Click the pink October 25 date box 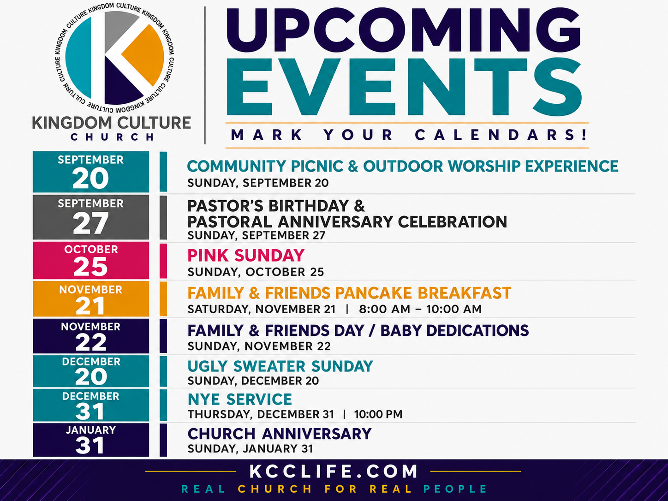91,260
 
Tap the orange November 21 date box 91,299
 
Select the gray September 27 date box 91,217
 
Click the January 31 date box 91,440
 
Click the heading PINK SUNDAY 246,256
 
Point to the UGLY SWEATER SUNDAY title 280,366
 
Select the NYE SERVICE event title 240,400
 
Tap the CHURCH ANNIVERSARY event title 280,434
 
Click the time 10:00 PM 378,414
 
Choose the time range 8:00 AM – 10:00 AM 420,310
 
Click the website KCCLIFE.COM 334,471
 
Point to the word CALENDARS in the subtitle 501,135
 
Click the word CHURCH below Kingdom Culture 112,137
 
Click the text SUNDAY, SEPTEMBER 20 258,183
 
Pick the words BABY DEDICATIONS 455,331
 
